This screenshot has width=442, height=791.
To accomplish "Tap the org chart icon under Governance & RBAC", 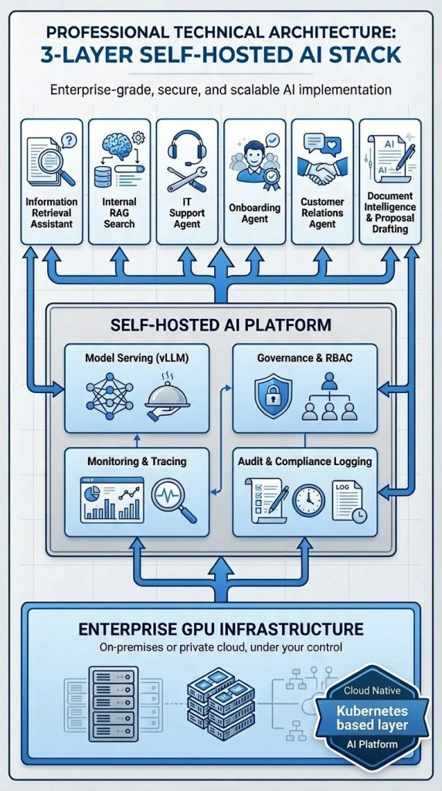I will click(x=331, y=398).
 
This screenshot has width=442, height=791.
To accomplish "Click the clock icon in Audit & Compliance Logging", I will click(x=308, y=501).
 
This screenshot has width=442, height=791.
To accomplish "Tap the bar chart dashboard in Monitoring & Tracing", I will click(x=112, y=499).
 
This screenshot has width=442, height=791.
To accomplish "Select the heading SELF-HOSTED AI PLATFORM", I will click(x=221, y=324).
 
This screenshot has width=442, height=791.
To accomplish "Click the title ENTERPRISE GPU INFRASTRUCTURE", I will click(x=220, y=628).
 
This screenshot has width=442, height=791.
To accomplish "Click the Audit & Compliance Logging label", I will click(x=305, y=461).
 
